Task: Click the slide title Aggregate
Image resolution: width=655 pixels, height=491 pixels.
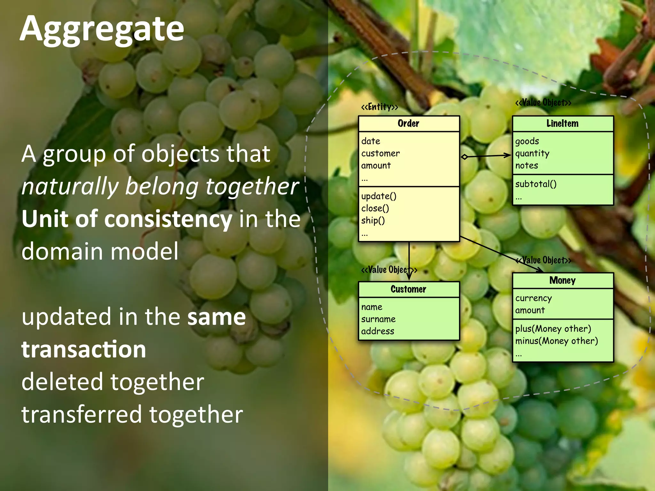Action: (x=102, y=29)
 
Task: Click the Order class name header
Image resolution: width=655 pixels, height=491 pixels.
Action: (x=408, y=123)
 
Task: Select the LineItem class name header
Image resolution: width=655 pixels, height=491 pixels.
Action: (x=562, y=123)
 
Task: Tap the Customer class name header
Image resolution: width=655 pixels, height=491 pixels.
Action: (x=408, y=289)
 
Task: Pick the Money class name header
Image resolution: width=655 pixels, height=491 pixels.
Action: (x=562, y=280)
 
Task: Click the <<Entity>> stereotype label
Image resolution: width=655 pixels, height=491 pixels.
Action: (x=380, y=107)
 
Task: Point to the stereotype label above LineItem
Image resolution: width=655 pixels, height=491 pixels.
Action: (x=543, y=103)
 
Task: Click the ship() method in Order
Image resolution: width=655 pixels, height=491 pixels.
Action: (x=373, y=221)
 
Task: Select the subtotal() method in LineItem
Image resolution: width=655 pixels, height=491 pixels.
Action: (x=536, y=184)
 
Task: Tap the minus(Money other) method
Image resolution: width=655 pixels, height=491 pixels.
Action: (x=556, y=341)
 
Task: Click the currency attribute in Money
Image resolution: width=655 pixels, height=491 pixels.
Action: (x=533, y=298)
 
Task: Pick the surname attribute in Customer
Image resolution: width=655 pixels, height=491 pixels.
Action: (x=378, y=319)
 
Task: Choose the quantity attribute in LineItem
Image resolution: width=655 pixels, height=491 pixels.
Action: (x=532, y=154)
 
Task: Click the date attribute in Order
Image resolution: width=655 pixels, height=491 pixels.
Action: (x=371, y=141)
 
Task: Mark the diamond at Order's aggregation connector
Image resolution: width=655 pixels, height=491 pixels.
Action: (x=465, y=157)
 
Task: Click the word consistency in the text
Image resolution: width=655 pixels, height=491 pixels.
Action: (x=168, y=219)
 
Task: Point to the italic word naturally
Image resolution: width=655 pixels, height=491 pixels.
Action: (x=70, y=187)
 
